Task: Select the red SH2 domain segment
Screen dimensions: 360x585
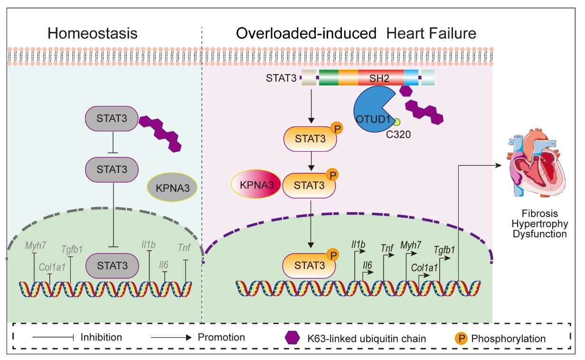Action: point(380,77)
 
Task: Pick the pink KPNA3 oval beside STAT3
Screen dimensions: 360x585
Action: point(256,185)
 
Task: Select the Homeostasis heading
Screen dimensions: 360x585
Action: point(93,33)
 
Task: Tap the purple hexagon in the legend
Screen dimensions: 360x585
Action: point(292,338)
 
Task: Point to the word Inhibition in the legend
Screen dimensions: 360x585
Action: point(101,337)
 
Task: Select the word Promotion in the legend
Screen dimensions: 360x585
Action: point(221,337)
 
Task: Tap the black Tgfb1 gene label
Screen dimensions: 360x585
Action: point(444,249)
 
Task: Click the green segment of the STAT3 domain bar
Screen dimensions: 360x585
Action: point(329,77)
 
